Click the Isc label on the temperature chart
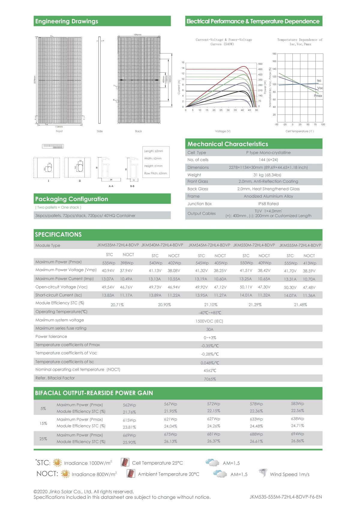[x=319, y=81]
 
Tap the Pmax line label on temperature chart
[x=318, y=96]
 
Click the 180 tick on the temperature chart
[x=274, y=54]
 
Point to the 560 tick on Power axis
[x=260, y=64]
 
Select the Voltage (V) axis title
[x=223, y=131]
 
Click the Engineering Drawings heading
[x=67, y=21]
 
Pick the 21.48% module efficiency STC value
[x=300, y=305]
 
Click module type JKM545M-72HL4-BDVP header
[x=209, y=245]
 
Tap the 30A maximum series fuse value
[x=210, y=329]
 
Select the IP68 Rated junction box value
[x=268, y=204]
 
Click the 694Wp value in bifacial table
[x=297, y=434]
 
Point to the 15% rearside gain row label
[x=43, y=423]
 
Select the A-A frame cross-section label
[x=111, y=186]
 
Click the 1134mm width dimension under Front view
[x=59, y=127]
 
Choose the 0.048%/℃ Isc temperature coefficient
[x=210, y=363]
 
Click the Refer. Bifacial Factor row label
[x=55, y=378]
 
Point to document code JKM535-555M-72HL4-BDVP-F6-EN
[x=285, y=497]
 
